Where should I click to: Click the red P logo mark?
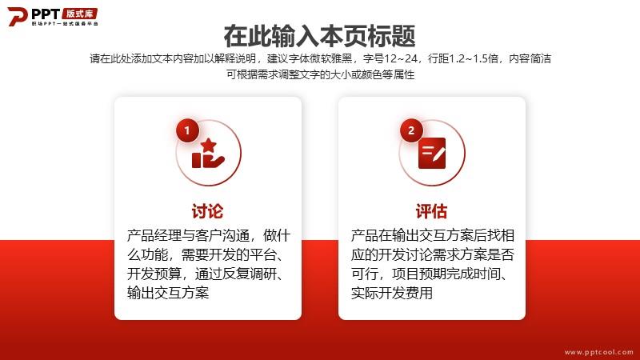(x=17, y=16)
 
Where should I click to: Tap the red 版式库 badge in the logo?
(x=80, y=14)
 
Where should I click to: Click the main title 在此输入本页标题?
(x=319, y=36)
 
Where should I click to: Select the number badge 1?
(x=187, y=130)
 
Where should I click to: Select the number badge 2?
(x=411, y=130)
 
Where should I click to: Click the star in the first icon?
(x=209, y=145)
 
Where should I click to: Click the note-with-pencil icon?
(x=432, y=153)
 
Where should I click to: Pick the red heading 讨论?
(x=208, y=211)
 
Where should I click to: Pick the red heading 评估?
(x=431, y=211)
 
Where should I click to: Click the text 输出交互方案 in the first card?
(x=168, y=293)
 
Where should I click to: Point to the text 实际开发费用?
(x=392, y=293)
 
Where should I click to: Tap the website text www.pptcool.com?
(x=598, y=352)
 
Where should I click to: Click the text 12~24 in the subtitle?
(x=401, y=58)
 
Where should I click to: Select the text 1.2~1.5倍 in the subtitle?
(x=474, y=58)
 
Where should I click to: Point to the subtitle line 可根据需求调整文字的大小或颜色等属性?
(x=321, y=74)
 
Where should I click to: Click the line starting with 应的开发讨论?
(x=432, y=254)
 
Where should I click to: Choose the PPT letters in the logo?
(x=46, y=14)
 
